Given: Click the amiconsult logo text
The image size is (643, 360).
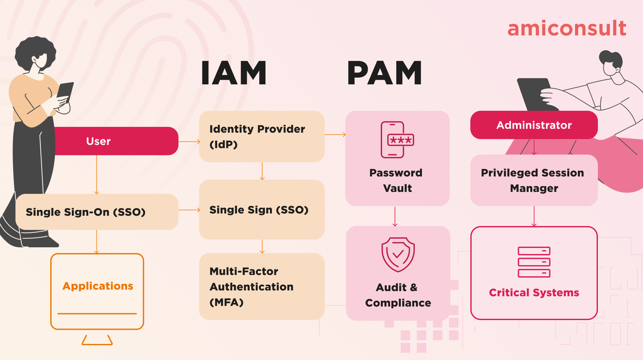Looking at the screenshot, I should [567, 28].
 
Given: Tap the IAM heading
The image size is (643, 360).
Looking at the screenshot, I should [234, 73].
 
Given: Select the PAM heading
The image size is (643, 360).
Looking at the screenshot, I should [384, 73].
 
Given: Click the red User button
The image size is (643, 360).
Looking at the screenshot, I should [116, 141].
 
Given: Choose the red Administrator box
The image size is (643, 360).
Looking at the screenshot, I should [534, 125].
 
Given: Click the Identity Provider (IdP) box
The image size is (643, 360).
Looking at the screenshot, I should [262, 137].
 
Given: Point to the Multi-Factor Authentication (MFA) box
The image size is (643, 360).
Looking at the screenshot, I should [262, 287].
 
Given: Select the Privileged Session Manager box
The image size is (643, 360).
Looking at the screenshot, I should [534, 180].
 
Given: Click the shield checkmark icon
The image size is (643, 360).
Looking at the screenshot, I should [398, 254].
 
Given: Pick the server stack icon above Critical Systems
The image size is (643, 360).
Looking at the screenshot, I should [534, 262].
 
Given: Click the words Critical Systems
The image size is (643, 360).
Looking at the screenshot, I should [534, 292].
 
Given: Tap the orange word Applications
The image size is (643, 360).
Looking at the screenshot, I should [98, 286].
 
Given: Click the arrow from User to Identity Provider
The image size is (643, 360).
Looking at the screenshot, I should [189, 141].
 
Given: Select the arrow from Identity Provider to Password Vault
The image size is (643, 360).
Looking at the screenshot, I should [335, 135].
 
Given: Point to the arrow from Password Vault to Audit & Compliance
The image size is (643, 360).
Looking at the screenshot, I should [395, 216].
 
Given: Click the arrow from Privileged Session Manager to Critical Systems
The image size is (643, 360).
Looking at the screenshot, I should [534, 216].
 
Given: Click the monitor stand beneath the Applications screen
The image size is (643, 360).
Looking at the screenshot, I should [97, 340].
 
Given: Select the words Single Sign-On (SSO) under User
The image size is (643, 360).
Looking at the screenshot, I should [85, 212].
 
